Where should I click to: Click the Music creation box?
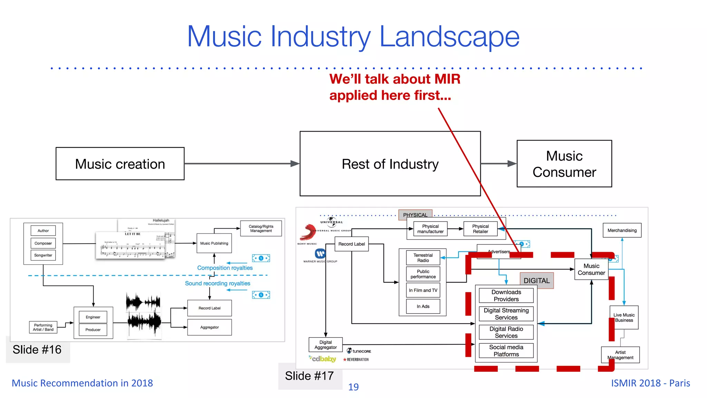point(120,164)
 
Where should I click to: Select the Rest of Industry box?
point(390,164)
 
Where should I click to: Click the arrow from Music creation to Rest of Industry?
point(242,164)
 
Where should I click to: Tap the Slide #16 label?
point(37,350)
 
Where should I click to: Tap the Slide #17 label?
point(309,376)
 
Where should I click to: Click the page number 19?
point(353,387)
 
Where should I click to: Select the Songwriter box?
point(43,255)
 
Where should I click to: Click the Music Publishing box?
point(214,243)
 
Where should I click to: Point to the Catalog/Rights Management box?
point(261,229)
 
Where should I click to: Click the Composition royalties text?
point(225,268)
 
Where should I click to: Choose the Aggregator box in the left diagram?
point(210,327)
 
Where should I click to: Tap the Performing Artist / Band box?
point(43,327)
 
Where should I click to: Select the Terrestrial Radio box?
point(423,258)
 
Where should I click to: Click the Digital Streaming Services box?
point(506,314)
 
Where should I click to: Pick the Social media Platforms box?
point(506,351)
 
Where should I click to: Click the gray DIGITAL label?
point(536,281)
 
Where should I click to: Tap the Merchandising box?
point(622,230)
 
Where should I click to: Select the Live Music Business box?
point(624,318)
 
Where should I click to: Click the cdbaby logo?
point(323,359)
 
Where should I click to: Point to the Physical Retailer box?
point(480,229)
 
